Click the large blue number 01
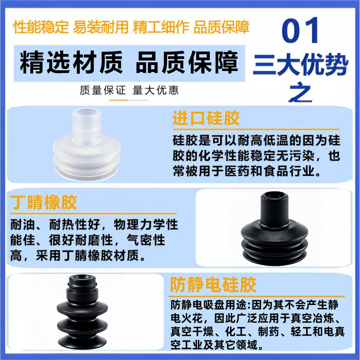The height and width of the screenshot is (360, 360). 300,30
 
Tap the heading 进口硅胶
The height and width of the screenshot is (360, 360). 206,118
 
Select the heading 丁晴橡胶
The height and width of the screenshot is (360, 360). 44,202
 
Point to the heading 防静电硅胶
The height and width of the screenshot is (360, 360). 213,285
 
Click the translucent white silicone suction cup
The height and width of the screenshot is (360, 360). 86,144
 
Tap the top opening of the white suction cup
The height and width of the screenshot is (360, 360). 86,113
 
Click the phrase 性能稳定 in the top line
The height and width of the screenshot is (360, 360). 41,27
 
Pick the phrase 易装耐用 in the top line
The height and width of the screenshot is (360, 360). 101,27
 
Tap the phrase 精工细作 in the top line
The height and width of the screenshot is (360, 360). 161,27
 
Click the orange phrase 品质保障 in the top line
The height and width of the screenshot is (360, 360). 221,27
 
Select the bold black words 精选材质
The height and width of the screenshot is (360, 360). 71,63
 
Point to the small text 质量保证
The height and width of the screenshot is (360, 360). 103,90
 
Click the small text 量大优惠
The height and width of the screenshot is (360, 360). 155,90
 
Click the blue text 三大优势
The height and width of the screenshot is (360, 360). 301,65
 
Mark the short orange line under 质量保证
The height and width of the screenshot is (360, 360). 118,100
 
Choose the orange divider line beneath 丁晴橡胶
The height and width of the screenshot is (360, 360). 94,213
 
